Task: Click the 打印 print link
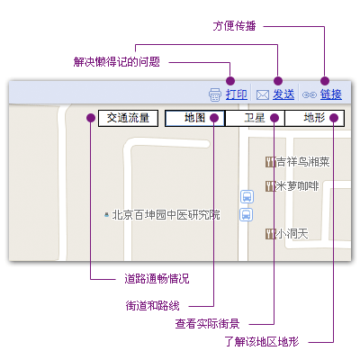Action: click(x=237, y=94)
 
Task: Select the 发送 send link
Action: click(x=283, y=94)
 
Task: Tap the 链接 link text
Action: click(x=331, y=94)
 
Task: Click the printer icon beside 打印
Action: click(x=215, y=94)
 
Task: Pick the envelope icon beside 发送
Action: click(x=263, y=95)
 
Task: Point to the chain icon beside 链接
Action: click(x=310, y=95)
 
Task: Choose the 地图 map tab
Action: click(x=194, y=118)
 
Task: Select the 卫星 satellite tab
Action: click(x=255, y=118)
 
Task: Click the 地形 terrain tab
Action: click(x=314, y=118)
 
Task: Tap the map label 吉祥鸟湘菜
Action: click(x=302, y=162)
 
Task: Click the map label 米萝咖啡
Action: click(x=297, y=186)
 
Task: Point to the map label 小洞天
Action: click(x=292, y=234)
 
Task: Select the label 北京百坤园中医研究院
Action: click(x=166, y=215)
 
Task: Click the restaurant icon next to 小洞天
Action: click(x=270, y=234)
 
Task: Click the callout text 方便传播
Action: click(x=234, y=26)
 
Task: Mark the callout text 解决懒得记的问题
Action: click(x=117, y=62)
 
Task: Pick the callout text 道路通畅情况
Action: click(x=157, y=279)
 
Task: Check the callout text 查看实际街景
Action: click(x=207, y=324)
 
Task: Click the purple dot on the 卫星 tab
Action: click(x=274, y=118)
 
